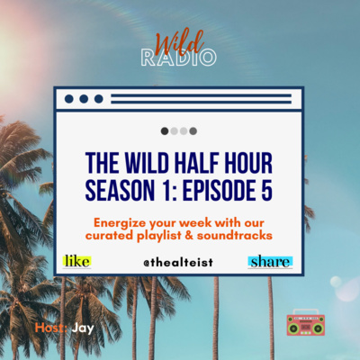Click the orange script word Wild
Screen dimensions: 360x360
179,44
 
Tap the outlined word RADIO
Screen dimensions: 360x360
178,58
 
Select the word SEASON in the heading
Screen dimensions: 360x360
120,190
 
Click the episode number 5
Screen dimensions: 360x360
266,190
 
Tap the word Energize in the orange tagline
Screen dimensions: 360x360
120,223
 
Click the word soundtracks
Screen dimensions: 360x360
235,236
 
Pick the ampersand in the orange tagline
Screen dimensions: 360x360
189,236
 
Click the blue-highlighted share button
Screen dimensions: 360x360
270,262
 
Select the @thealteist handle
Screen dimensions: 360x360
178,263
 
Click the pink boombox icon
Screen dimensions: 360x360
306,322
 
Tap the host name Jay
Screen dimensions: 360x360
83,328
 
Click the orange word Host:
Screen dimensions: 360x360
51,328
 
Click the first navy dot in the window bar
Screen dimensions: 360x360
69,99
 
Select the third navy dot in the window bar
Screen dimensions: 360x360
99,99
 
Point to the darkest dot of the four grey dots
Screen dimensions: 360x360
165,131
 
